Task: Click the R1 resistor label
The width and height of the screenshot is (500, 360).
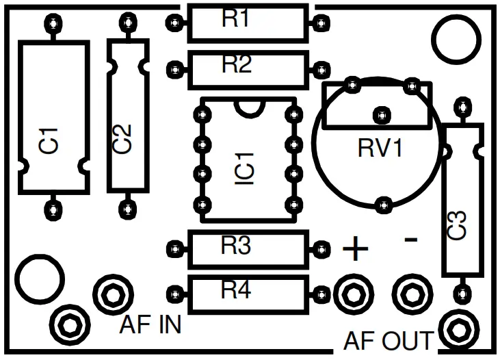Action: pyautogui.click(x=236, y=19)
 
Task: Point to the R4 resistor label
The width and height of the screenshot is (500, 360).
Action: pyautogui.click(x=236, y=290)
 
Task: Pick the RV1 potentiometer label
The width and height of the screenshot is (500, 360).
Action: pyautogui.click(x=380, y=149)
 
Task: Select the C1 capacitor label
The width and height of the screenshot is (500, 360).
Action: pyautogui.click(x=50, y=140)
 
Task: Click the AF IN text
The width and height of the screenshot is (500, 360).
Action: pyautogui.click(x=150, y=324)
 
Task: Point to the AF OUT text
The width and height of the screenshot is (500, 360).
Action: pyautogui.click(x=388, y=340)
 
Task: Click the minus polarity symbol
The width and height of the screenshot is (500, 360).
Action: pyautogui.click(x=411, y=239)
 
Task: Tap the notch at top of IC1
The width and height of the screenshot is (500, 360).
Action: pyautogui.click(x=249, y=106)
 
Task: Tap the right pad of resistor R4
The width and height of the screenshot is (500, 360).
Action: pyautogui.click(x=319, y=293)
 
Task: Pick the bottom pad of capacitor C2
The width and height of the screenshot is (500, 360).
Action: pyautogui.click(x=125, y=207)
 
